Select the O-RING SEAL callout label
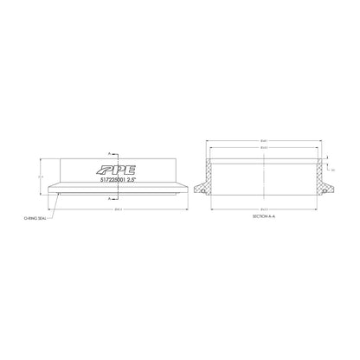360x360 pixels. pos(35,220)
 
